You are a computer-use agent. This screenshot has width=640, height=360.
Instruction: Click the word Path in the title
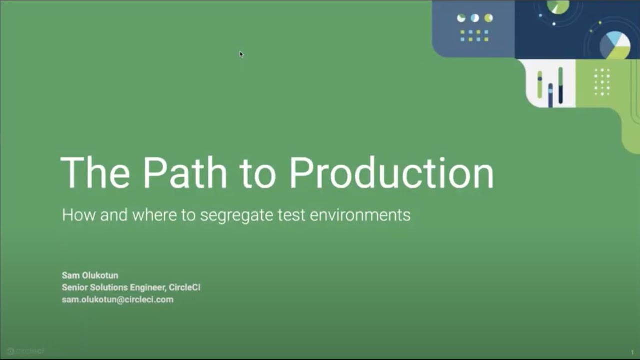click(x=185, y=173)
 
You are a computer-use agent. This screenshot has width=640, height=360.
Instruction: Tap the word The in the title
click(x=95, y=173)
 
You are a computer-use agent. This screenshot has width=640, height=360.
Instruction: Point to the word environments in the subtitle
click(x=360, y=215)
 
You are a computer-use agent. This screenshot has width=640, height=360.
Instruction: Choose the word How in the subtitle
click(x=79, y=215)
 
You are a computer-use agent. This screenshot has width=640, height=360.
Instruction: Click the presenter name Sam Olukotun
click(x=90, y=275)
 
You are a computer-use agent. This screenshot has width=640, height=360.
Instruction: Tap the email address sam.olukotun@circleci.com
click(x=117, y=300)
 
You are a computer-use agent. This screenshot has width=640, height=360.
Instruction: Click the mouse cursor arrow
click(x=241, y=54)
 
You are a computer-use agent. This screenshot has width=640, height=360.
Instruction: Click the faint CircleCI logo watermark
click(x=25, y=351)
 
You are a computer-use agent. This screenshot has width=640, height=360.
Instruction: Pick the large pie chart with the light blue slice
click(x=615, y=45)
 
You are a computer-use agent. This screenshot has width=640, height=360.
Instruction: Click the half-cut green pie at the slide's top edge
click(x=558, y=6)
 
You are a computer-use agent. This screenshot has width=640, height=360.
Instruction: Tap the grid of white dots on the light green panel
click(x=602, y=82)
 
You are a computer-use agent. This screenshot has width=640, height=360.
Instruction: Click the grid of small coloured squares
click(x=474, y=35)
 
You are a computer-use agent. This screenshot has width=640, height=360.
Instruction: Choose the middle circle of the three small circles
click(x=475, y=18)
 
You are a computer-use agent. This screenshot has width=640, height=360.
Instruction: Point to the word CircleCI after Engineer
click(x=185, y=287)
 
